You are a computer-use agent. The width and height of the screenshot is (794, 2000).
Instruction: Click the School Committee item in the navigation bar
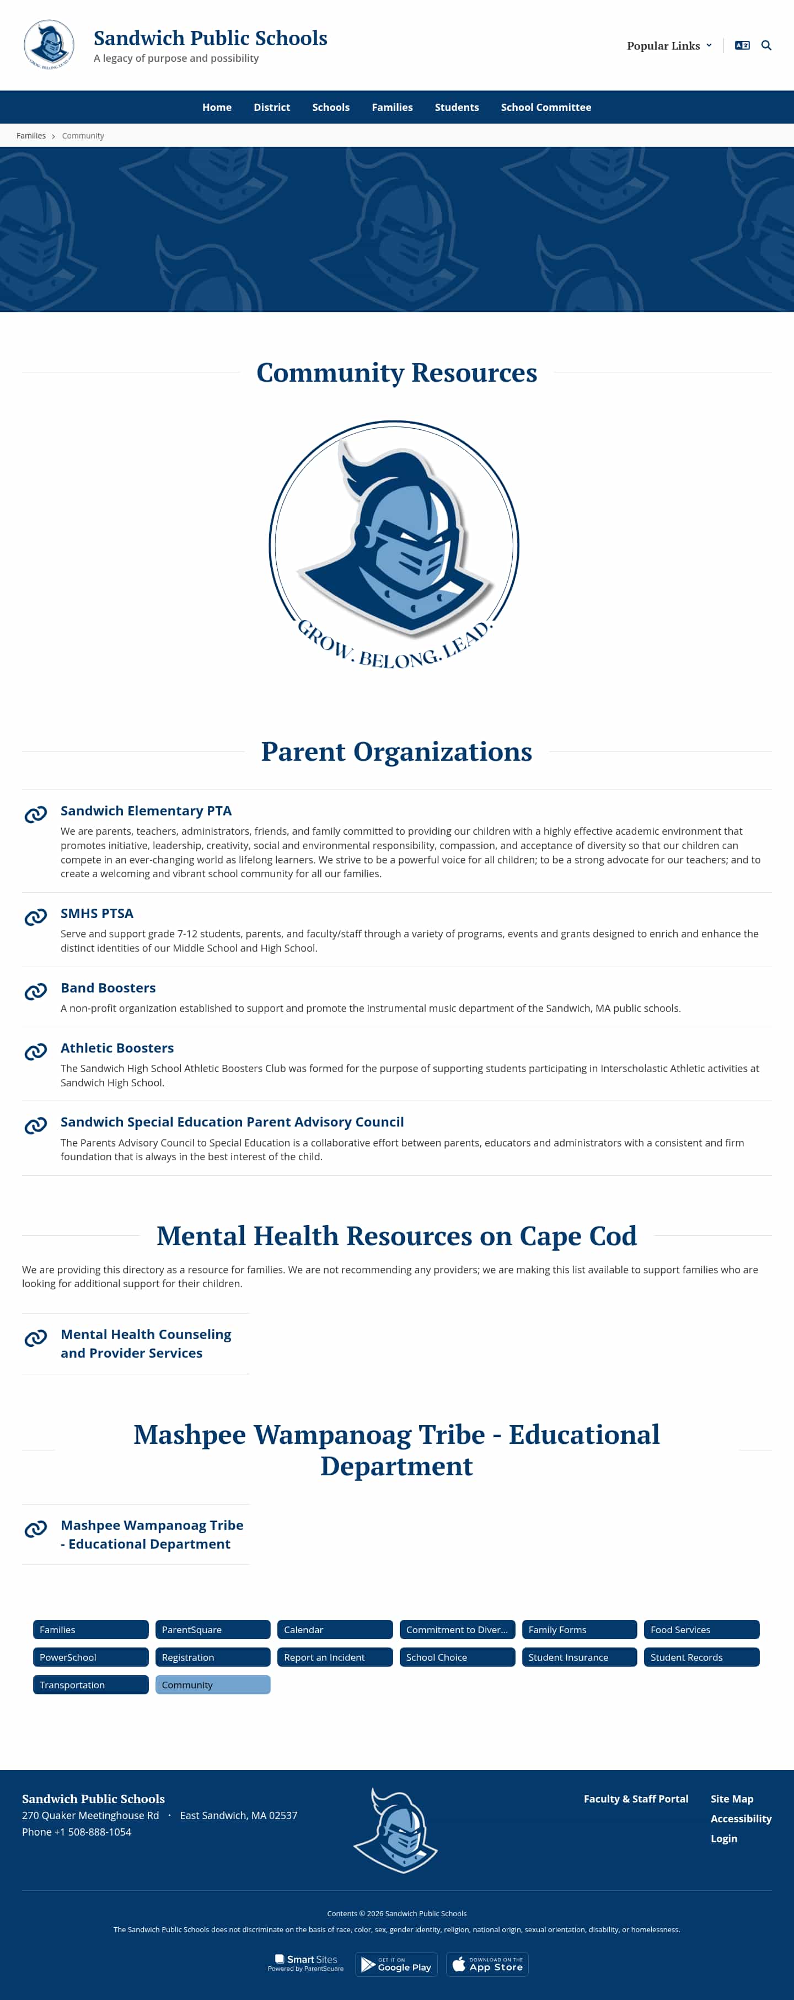tap(546, 107)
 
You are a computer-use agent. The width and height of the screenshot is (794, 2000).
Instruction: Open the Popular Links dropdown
tap(669, 46)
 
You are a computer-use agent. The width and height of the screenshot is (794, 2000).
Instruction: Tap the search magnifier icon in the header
tap(766, 46)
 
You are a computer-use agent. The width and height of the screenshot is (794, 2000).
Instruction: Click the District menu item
tap(272, 107)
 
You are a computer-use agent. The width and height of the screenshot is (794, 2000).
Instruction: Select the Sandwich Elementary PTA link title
tap(146, 810)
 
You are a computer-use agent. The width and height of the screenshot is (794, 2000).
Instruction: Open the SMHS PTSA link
tap(97, 913)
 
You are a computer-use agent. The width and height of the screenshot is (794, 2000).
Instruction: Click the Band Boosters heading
tap(108, 988)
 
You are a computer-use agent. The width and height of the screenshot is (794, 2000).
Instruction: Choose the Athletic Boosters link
tap(117, 1047)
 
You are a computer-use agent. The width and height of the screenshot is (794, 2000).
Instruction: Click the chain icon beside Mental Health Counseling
tap(36, 1338)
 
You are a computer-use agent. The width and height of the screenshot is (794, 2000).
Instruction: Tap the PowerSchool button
tap(90, 1657)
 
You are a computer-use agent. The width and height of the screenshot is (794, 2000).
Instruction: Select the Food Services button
tap(701, 1630)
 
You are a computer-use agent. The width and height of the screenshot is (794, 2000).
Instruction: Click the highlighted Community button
tap(213, 1685)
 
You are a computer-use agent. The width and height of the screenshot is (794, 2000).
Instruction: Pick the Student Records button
tap(701, 1657)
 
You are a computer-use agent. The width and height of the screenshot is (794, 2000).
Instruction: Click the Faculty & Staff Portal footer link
tap(636, 1799)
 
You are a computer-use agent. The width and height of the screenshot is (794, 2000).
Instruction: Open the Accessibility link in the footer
tap(741, 1818)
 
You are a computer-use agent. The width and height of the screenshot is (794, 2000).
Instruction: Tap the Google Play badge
tap(396, 1964)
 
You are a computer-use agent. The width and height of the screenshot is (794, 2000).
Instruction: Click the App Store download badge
tap(487, 1964)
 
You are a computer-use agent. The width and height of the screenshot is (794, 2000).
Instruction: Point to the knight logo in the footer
tap(396, 1831)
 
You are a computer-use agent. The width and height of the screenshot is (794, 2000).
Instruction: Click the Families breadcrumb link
tap(31, 136)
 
